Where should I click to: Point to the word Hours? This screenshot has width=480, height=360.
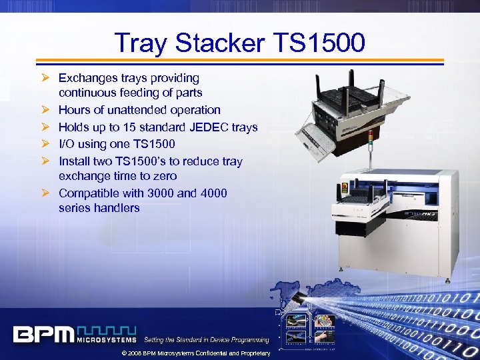[75, 110]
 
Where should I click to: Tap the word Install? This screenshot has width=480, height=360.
[74, 161]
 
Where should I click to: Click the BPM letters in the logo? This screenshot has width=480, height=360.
[43, 334]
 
